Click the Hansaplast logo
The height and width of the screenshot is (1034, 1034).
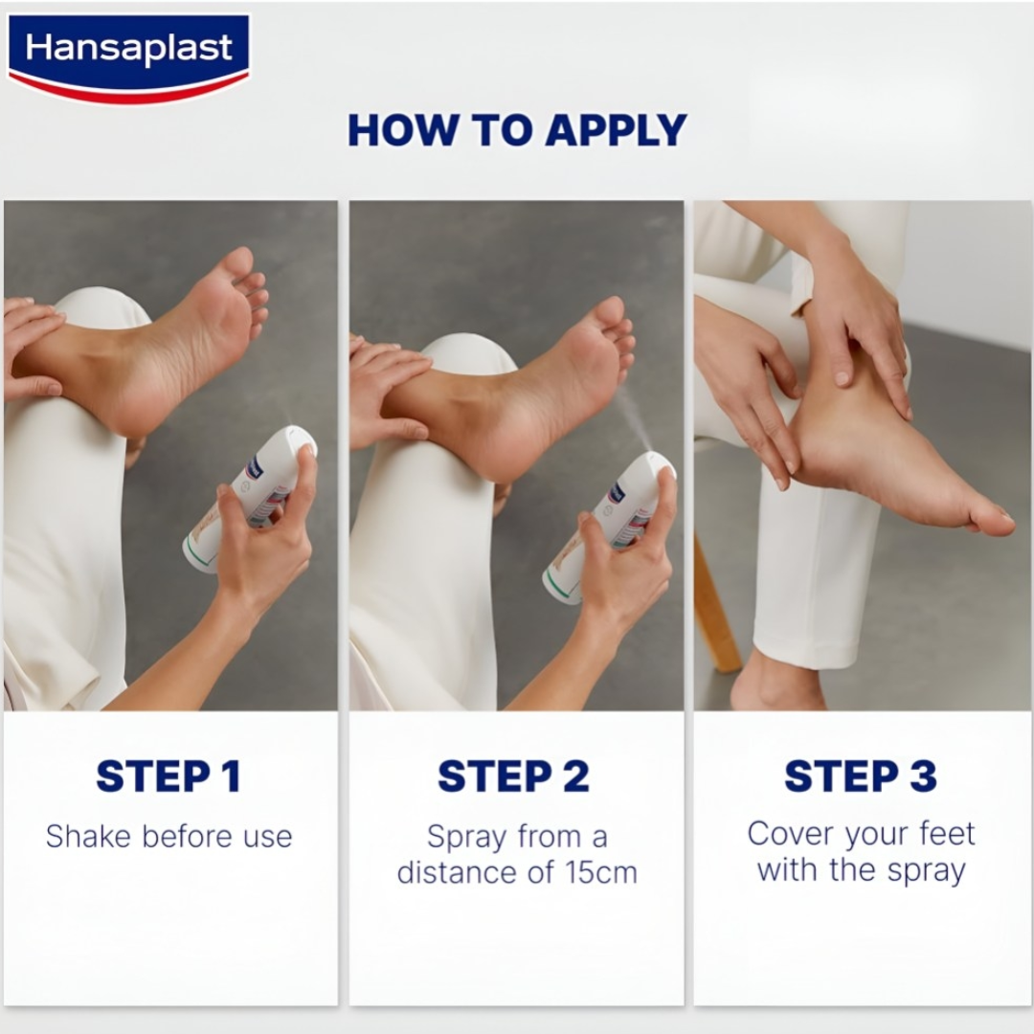click(x=129, y=58)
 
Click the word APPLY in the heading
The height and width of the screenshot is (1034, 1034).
click(x=616, y=130)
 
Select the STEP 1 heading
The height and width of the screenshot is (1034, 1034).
click(x=169, y=775)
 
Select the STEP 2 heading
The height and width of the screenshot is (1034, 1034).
click(x=513, y=775)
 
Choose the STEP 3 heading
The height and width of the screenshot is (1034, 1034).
click(x=861, y=775)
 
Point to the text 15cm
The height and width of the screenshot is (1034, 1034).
click(x=601, y=872)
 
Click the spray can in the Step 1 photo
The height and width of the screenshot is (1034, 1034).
click(x=251, y=498)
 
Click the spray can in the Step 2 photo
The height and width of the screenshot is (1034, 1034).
click(x=609, y=528)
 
